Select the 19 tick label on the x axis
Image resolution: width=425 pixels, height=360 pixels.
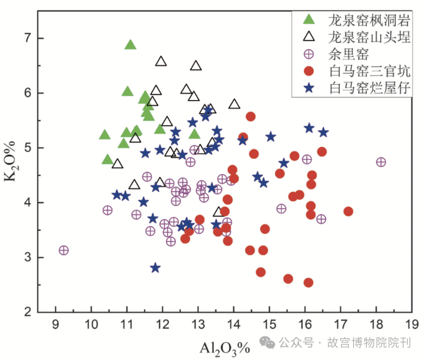(412, 326)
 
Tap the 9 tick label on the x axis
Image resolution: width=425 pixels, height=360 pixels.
(56, 326)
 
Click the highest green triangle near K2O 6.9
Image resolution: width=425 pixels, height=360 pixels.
(130, 45)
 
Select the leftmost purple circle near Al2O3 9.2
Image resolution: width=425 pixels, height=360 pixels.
(64, 250)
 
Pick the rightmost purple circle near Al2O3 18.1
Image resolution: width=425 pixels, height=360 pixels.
(381, 162)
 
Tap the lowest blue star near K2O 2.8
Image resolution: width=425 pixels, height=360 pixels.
(155, 268)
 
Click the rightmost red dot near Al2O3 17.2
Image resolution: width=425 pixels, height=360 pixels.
(348, 212)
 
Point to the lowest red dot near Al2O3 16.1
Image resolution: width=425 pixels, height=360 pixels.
(309, 282)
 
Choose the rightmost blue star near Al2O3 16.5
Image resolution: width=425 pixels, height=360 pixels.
(323, 132)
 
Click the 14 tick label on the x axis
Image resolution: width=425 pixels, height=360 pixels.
(233, 326)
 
